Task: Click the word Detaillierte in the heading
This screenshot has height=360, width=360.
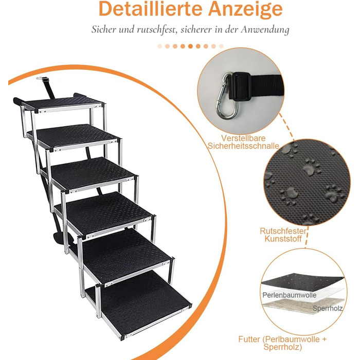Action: point(150,9)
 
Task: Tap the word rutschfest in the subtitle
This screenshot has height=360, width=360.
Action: point(157,30)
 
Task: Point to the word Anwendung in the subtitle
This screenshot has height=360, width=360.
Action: point(265,30)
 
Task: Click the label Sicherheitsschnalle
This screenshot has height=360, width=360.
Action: point(243,146)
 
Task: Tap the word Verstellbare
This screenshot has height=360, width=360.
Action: point(243,138)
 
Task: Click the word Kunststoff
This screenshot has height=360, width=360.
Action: point(283,239)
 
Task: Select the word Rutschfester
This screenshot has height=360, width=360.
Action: point(283,231)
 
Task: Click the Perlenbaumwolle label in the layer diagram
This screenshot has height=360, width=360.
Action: point(289,295)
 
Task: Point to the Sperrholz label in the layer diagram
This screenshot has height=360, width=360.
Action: point(328,309)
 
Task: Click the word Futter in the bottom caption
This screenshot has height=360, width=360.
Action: point(249,339)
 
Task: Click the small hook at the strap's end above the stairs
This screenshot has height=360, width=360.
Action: point(40,78)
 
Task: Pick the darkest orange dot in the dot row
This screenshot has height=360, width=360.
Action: point(190,46)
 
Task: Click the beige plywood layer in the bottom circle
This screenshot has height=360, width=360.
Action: point(303,305)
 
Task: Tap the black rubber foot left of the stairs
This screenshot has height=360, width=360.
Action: point(16,101)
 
